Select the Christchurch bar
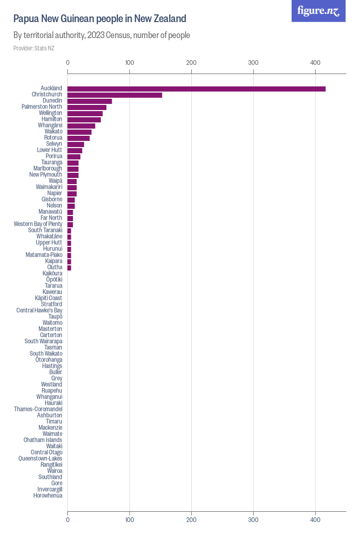tap(115, 95)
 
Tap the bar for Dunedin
tap(89, 101)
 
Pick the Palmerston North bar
tap(87, 107)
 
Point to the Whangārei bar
tap(81, 126)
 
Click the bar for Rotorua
tap(79, 138)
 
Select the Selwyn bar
tap(76, 145)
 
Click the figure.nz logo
tap(318, 11)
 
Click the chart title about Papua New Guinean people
tap(100, 19)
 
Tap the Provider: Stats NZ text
tap(34, 48)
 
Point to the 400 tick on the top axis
tap(315, 63)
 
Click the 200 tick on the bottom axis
tap(191, 520)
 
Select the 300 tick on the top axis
tap(253, 63)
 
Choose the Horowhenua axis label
tap(48, 495)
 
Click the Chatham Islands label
tap(43, 440)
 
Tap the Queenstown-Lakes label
tap(40, 458)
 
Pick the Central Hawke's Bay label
tap(39, 310)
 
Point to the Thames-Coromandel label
tap(38, 409)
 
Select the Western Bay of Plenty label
tap(38, 224)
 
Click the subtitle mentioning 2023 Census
tap(102, 35)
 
